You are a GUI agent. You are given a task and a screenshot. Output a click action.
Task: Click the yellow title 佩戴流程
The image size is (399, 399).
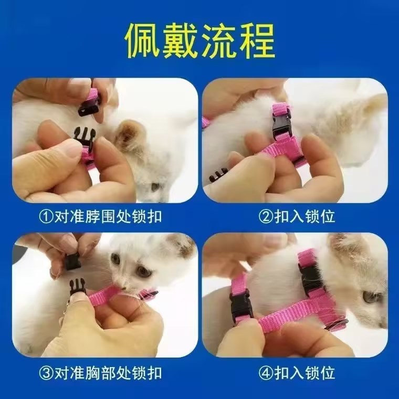point(200,41)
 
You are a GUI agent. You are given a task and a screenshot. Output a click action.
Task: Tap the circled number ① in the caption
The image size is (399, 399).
point(46,216)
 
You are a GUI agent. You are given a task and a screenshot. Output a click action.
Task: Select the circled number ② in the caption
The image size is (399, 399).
point(266,216)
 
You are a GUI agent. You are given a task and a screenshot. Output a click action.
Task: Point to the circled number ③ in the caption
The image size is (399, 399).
point(46,373)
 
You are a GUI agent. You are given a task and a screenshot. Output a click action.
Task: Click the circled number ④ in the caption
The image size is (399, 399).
point(266,373)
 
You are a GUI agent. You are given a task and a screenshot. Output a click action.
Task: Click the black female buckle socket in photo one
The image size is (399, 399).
point(88,109)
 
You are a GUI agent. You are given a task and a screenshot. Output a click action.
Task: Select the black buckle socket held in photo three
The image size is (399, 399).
point(72,261)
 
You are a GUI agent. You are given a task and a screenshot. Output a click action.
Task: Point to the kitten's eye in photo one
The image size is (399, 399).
point(155,186)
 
